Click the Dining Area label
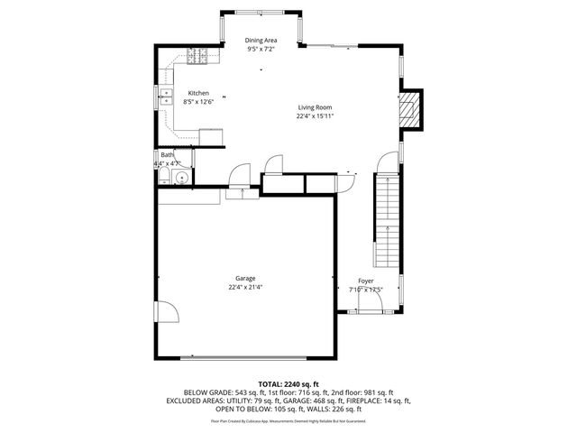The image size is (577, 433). click(261, 41)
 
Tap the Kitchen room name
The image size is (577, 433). click(198, 93)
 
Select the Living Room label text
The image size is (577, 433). click(316, 107)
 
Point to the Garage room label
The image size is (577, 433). click(245, 279)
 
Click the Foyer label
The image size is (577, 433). click(365, 281)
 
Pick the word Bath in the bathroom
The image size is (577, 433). click(167, 155)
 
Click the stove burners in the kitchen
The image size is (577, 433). click(197, 56)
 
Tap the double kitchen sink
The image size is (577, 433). click(167, 96)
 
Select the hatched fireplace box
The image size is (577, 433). click(410, 109)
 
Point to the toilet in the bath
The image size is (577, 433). click(163, 178)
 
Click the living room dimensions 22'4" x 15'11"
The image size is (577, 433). click(316, 116)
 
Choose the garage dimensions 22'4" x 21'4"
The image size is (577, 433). click(245, 288)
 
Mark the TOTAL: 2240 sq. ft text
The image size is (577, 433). click(288, 384)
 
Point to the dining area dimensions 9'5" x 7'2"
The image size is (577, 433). click(261, 50)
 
